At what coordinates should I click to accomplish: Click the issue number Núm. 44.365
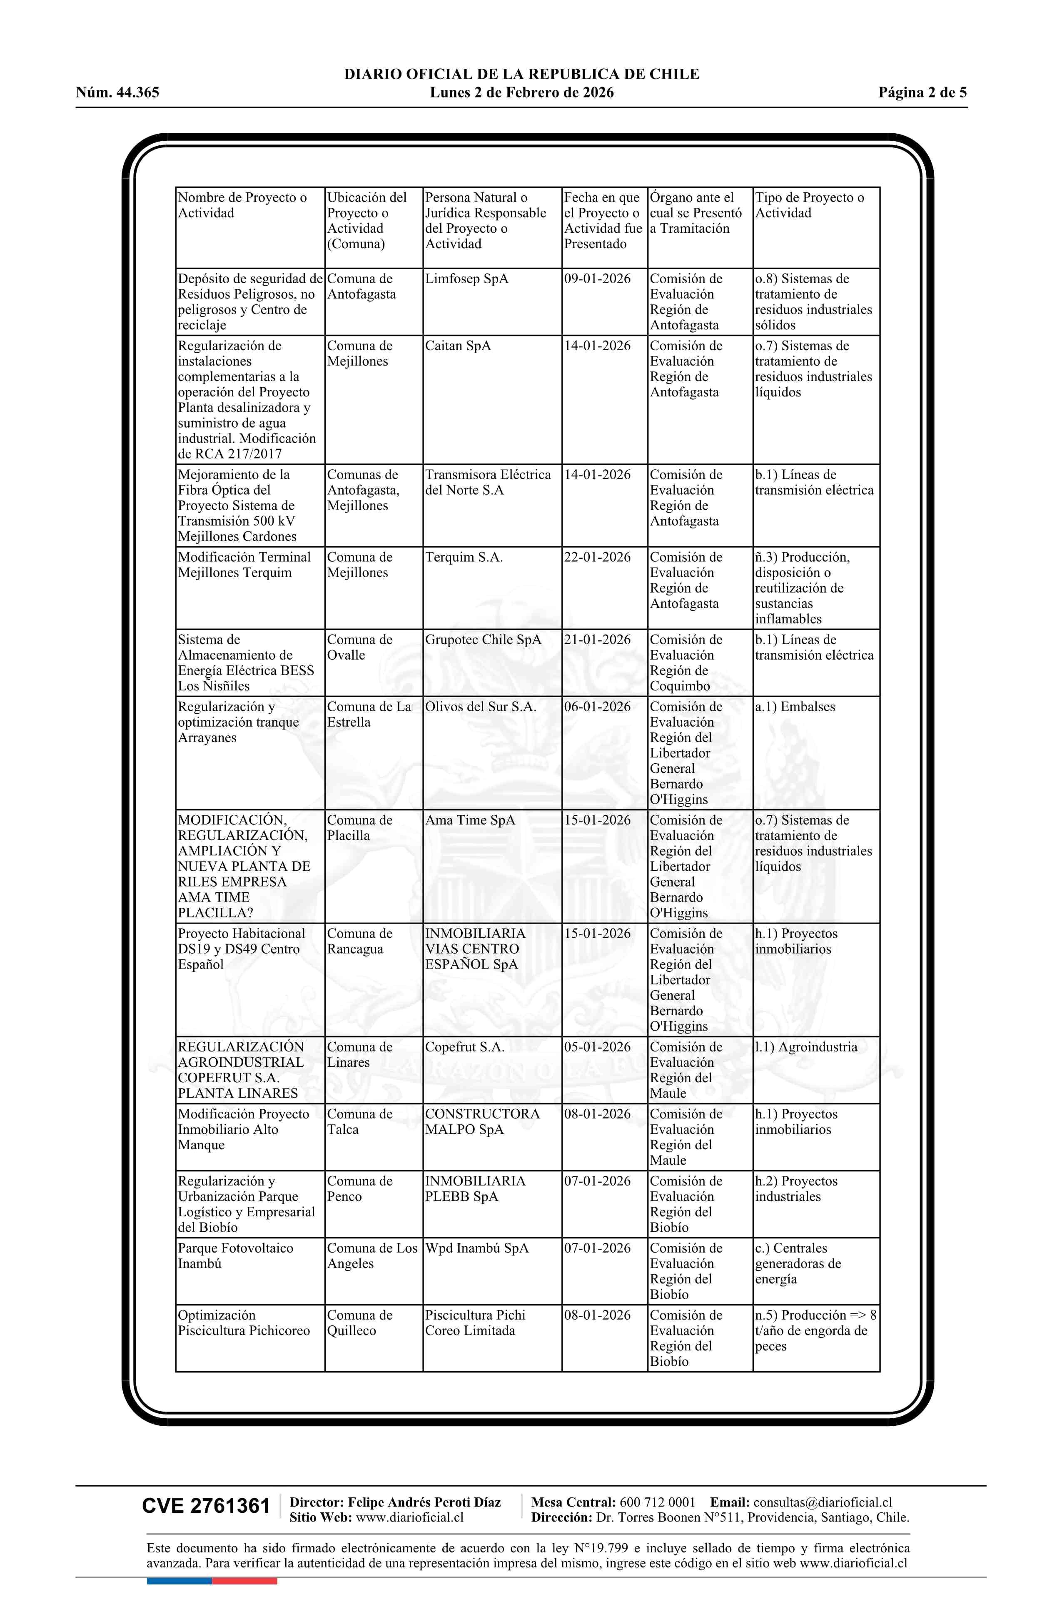(117, 93)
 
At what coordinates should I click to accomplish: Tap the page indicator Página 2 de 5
(922, 93)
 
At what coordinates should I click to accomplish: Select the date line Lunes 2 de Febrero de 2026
(521, 93)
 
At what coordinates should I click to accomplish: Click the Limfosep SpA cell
(467, 279)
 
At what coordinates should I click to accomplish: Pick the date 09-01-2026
(597, 279)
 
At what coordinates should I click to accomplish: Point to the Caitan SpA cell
(458, 346)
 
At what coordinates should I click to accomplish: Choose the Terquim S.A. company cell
(464, 558)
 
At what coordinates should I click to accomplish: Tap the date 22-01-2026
(597, 558)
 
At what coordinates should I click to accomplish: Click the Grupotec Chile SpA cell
(483, 640)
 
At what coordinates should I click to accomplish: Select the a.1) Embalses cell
(795, 707)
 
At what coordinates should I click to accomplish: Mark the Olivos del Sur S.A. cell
(481, 707)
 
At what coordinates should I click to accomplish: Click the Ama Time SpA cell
(470, 820)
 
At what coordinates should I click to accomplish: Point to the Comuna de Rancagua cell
(360, 941)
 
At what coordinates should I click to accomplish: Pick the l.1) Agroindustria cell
(806, 1047)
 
